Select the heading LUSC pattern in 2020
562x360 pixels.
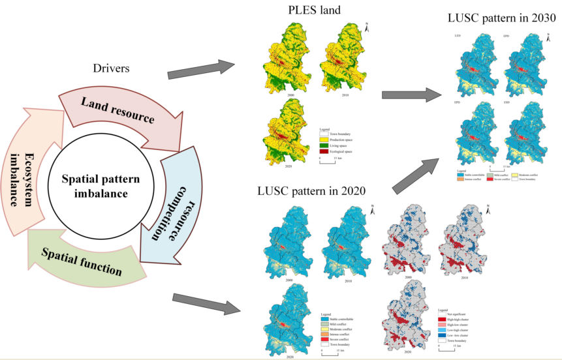click(x=310, y=191)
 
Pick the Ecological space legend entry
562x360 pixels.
click(x=346, y=151)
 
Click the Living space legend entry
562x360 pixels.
click(x=345, y=145)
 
